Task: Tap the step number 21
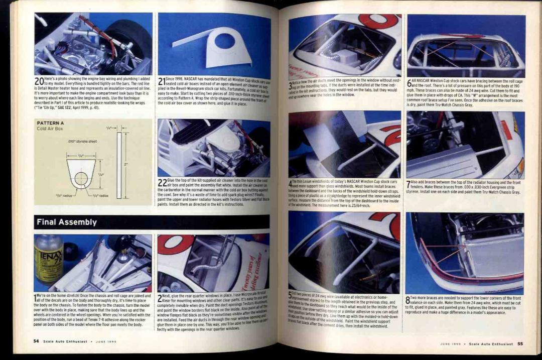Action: coord(162,81)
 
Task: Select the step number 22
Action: coord(162,183)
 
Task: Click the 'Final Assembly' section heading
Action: coord(67,222)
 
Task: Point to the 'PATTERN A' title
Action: coord(51,123)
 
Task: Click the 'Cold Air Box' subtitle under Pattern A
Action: coord(50,129)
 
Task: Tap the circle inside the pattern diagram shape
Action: coord(81,178)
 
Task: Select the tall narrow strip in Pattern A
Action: coord(119,165)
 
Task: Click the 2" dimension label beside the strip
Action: coord(127,164)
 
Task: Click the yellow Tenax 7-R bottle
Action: coord(48,258)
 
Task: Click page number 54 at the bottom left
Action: coord(37,341)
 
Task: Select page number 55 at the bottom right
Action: coord(520,344)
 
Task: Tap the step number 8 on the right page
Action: coord(408,300)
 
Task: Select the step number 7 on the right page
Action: coord(408,184)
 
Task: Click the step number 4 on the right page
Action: coord(290,184)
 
